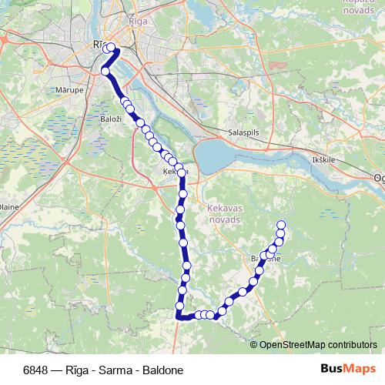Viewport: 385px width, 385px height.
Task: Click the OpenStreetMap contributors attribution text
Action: coord(318,345)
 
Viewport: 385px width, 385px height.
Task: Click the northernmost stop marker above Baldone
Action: coord(280,225)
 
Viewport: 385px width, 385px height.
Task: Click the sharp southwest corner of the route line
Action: coord(179,316)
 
